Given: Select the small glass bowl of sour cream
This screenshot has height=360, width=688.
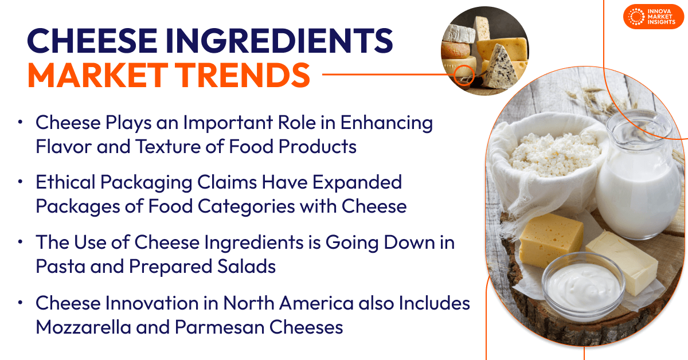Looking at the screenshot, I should [579, 283].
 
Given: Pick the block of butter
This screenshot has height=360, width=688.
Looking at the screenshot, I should [622, 261].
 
